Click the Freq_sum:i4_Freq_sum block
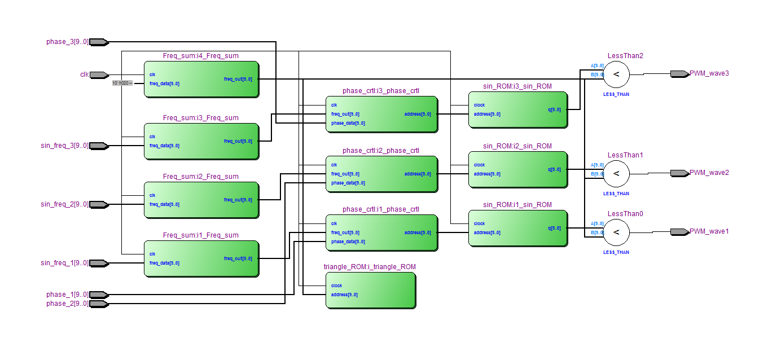pyautogui.click(x=201, y=79)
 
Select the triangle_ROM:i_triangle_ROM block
pyautogui.click(x=370, y=290)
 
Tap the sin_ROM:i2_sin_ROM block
pyautogui.click(x=518, y=169)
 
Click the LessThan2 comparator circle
pyautogui.click(x=616, y=74)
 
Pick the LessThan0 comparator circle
pyautogui.click(x=616, y=232)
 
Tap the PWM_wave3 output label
pyautogui.click(x=709, y=73)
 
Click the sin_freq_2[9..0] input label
pyautogui.click(x=64, y=204)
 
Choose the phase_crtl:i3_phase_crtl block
pyautogui.click(x=381, y=114)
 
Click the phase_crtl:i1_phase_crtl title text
pyautogui.click(x=380, y=209)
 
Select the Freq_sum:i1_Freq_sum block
pyautogui.click(x=201, y=258)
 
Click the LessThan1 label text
pyautogui.click(x=625, y=155)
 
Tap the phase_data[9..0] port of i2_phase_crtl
pyautogui.click(x=348, y=183)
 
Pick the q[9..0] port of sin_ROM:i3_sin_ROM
pyautogui.click(x=554, y=109)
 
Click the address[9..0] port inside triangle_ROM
pyautogui.click(x=344, y=295)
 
